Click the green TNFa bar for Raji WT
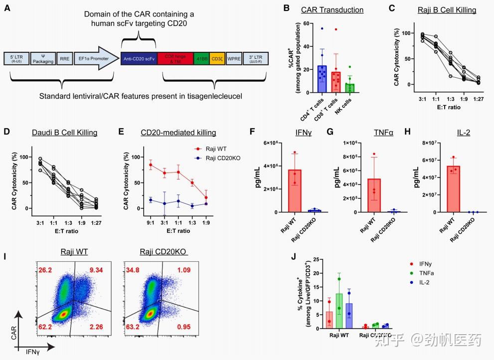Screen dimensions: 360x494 [339, 310]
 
